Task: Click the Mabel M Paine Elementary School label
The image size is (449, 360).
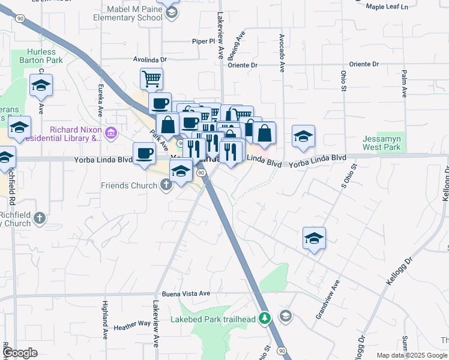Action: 134,13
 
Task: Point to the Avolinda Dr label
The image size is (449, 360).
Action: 149,60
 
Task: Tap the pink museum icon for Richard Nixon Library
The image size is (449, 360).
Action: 110,133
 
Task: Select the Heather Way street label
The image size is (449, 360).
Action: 132,323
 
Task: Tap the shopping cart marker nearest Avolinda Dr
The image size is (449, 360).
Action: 151,78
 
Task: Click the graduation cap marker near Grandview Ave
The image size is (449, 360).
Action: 314,238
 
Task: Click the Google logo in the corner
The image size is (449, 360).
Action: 20,353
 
